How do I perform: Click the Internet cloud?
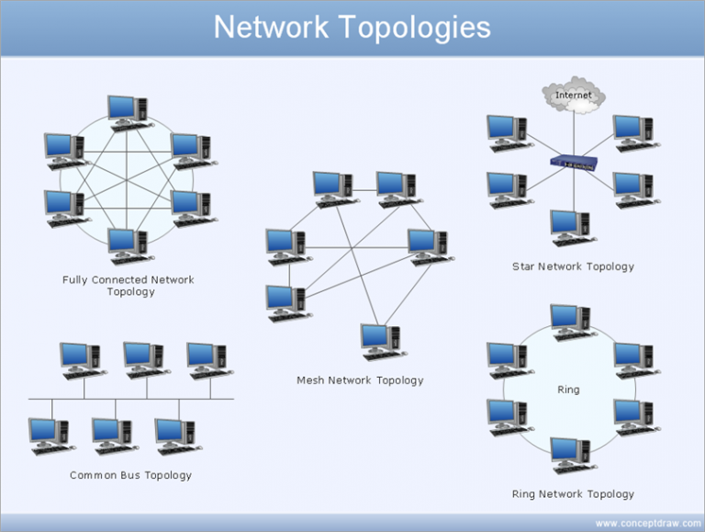(x=574, y=95)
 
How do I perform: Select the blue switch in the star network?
(x=574, y=163)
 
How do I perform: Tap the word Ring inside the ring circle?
(x=568, y=390)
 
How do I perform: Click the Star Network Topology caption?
(x=573, y=266)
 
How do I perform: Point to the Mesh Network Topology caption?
(x=360, y=380)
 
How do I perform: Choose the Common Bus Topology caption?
(x=131, y=475)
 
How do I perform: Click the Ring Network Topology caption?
(x=573, y=494)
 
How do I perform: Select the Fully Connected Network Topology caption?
(x=129, y=286)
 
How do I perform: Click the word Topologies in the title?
(x=414, y=28)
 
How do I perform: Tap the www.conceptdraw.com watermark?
(x=648, y=524)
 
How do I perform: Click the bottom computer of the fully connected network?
(x=130, y=246)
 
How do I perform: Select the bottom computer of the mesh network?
(x=383, y=342)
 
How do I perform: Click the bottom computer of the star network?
(x=573, y=228)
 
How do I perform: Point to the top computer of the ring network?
(x=573, y=323)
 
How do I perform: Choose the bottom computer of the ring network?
(x=573, y=456)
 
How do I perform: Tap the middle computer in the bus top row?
(x=147, y=360)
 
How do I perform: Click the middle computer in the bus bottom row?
(x=115, y=436)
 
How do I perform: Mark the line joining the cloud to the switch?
(x=574, y=134)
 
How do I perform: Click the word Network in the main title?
(x=271, y=28)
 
